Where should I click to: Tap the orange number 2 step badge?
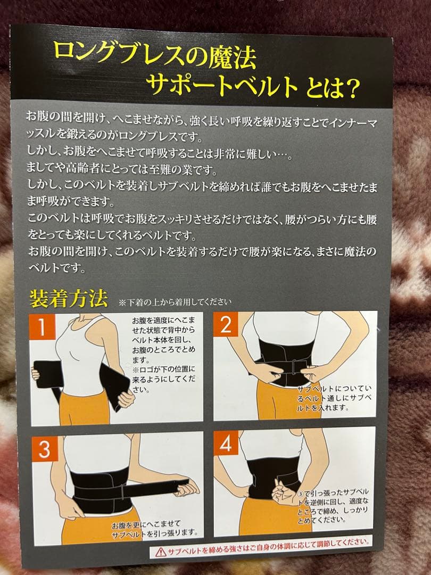(x=226, y=324)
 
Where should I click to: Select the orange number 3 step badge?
(x=44, y=449)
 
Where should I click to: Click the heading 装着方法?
(x=69, y=298)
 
